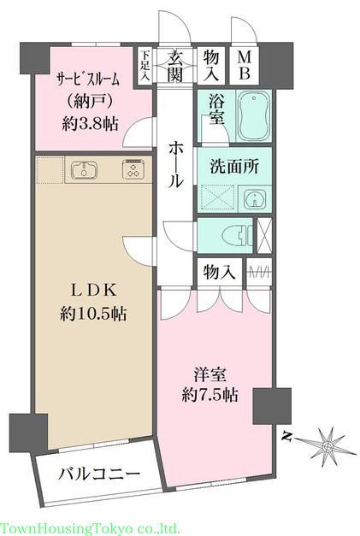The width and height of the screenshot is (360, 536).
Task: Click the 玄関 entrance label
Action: coord(176,67)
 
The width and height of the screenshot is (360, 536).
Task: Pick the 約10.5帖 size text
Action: coord(93,314)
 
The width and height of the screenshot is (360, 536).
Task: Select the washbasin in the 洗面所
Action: coord(254,199)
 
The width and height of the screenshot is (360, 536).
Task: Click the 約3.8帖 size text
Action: coord(90,122)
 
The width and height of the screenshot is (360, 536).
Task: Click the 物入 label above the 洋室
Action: coord(220,273)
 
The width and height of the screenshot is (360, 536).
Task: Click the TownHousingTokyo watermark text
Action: coord(90,527)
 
